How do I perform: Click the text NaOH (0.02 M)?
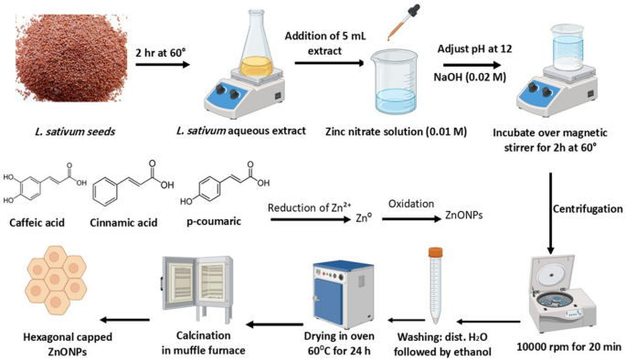point(465,80)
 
